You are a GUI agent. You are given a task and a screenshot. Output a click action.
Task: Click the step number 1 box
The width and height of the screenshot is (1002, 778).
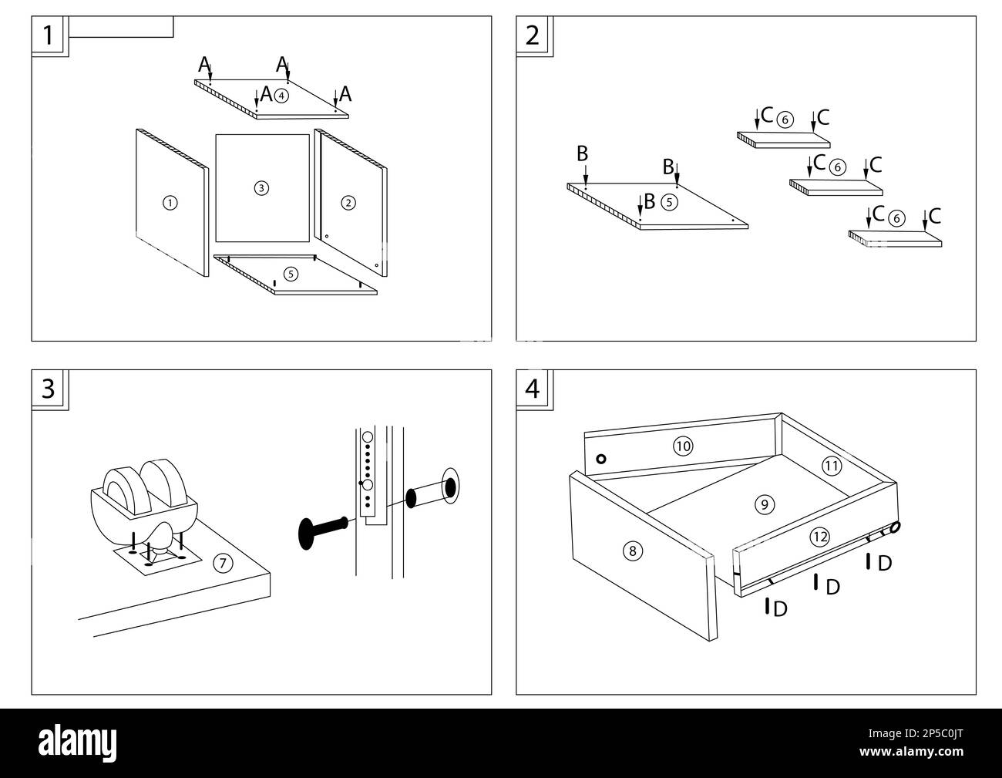tap(49, 35)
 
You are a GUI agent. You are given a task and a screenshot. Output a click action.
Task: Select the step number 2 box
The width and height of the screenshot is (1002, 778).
tap(533, 35)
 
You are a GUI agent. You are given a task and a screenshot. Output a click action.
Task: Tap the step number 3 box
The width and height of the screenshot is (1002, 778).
tap(49, 389)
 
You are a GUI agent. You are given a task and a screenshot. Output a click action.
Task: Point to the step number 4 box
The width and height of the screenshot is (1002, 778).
tap(533, 389)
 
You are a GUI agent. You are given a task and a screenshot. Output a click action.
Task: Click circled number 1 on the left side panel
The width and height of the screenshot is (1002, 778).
tap(170, 203)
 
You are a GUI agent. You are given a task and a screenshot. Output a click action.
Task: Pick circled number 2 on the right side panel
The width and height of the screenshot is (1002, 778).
tap(348, 203)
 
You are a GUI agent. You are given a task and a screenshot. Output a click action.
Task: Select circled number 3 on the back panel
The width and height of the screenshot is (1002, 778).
tap(261, 187)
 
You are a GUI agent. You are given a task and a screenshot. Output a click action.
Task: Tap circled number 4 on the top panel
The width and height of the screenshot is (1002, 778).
tap(282, 96)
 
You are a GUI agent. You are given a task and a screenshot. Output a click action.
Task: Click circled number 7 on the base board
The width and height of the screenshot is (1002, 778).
tap(222, 564)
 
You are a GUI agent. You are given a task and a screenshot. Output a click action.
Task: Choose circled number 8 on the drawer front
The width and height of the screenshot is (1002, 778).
tap(632, 551)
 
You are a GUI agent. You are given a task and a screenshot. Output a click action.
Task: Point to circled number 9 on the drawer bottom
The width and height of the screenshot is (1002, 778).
tap(763, 505)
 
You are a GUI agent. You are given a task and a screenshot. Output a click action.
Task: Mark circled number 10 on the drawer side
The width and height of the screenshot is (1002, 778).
tap(683, 445)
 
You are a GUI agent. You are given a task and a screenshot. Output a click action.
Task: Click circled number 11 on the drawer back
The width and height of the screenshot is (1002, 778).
tap(831, 466)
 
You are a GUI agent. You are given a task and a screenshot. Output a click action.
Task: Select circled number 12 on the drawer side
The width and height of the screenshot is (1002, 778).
tap(819, 537)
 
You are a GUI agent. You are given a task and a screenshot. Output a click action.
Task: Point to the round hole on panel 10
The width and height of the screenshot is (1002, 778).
tap(601, 459)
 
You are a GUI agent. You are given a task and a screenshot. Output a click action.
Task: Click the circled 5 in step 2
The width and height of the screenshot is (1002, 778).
tap(669, 203)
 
